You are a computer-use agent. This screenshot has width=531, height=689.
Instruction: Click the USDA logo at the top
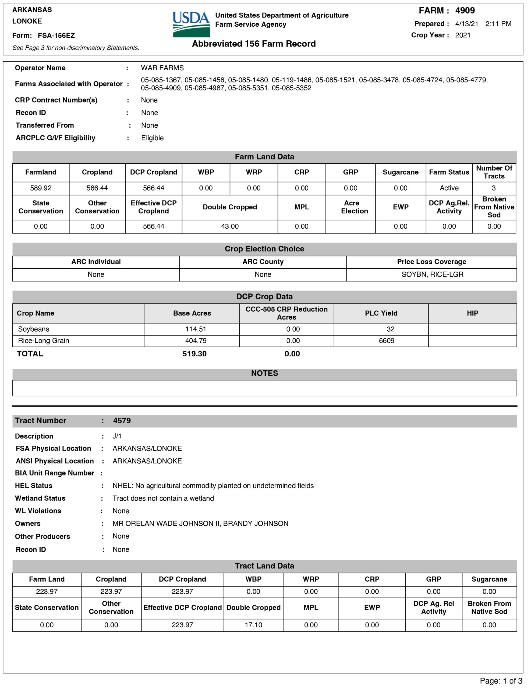coord(191,24)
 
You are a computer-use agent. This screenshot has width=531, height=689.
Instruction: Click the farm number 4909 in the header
coord(465,10)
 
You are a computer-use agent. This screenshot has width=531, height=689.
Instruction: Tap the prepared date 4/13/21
coord(466,24)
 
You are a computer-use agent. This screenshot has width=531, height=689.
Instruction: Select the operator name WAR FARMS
coord(162,68)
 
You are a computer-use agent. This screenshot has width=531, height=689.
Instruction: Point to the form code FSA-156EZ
coord(56,35)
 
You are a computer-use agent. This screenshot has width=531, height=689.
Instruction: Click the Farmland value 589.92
coord(41,188)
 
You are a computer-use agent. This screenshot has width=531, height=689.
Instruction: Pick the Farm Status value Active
coord(449,188)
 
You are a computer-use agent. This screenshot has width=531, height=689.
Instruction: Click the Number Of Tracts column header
coord(494,172)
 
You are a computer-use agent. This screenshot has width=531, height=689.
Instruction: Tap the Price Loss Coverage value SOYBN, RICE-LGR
coord(432,274)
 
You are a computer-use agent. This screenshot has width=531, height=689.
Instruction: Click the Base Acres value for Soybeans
coord(196,329)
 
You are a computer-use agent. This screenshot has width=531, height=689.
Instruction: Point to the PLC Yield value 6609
coord(386,341)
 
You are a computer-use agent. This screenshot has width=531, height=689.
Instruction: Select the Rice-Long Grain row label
coord(44,341)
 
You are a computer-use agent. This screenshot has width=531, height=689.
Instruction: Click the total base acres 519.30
coord(194,354)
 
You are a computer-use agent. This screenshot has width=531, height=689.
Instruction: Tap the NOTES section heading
coord(264,373)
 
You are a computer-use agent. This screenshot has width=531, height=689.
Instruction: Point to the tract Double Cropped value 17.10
coord(253,625)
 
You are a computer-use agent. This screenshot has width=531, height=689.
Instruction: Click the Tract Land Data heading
coord(264,566)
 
